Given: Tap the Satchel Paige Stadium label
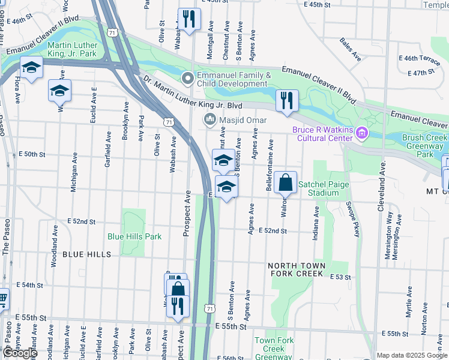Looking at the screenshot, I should point(323,188).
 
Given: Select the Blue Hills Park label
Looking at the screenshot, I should point(134,236).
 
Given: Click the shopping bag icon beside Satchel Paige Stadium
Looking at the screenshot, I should point(286,182).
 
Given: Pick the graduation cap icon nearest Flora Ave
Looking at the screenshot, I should point(31,67).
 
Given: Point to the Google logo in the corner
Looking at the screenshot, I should point(20,353).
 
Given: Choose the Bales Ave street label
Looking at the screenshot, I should point(350,50).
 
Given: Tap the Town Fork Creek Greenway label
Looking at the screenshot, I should point(274,348).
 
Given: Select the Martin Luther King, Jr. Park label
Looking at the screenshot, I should point(71,49).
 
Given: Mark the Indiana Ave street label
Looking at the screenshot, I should point(315,224).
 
